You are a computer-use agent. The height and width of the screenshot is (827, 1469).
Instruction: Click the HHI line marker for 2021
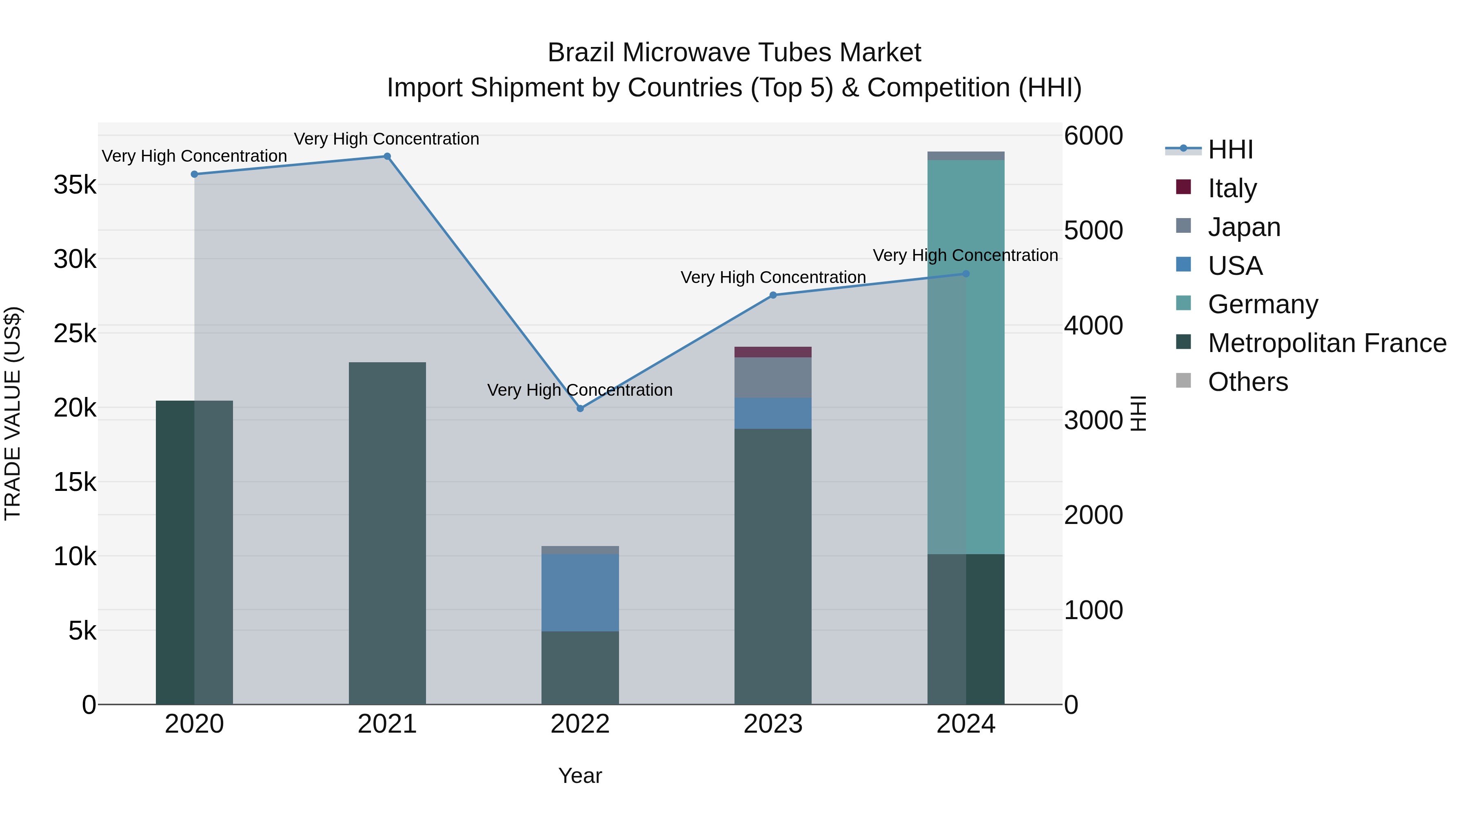click(x=387, y=156)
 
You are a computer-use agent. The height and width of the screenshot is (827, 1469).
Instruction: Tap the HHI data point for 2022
click(x=580, y=409)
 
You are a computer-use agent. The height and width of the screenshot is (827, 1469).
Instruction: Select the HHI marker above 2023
click(x=773, y=295)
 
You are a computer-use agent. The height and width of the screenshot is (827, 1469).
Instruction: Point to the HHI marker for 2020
click(x=195, y=174)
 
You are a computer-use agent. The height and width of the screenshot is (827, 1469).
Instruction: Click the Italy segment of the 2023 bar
click(x=773, y=352)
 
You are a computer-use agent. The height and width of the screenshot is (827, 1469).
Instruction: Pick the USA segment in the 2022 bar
click(x=580, y=593)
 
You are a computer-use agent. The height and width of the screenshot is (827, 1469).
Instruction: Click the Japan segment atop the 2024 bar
click(x=965, y=156)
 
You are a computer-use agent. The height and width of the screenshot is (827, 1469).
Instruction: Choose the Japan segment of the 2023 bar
click(x=773, y=377)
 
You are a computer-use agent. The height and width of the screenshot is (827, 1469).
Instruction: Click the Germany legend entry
click(x=1263, y=304)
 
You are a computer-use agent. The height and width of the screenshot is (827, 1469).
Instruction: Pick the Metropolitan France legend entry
click(x=1327, y=343)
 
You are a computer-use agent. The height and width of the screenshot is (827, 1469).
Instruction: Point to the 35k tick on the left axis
click(x=75, y=185)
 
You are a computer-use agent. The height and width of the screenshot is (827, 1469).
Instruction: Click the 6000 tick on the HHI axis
click(x=1093, y=136)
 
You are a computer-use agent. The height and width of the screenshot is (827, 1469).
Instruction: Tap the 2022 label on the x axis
click(x=580, y=724)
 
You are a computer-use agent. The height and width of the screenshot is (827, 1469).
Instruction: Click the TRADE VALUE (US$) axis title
click(x=13, y=413)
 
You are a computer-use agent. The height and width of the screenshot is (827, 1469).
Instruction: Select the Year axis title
click(x=580, y=776)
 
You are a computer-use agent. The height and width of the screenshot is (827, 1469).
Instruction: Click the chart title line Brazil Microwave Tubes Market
click(x=734, y=53)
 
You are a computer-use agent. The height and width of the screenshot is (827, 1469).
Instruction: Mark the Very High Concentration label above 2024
click(x=965, y=255)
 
